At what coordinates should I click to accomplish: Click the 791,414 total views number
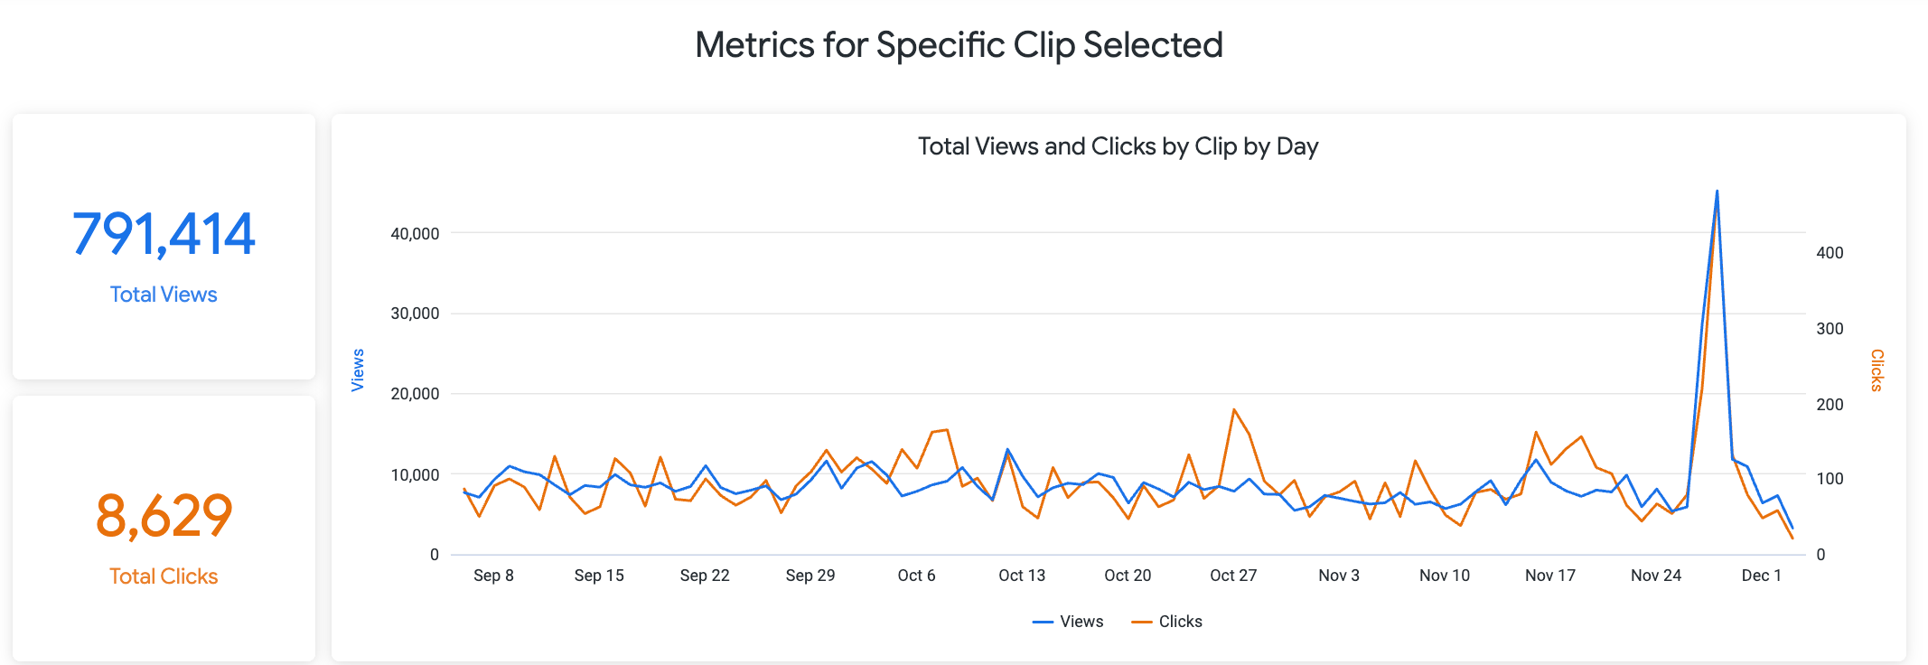coord(164,234)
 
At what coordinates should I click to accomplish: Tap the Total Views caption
coord(164,295)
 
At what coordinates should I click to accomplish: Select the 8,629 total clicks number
coord(164,516)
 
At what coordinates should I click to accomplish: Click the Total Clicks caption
coord(164,576)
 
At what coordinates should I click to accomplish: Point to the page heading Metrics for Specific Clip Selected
coord(959,45)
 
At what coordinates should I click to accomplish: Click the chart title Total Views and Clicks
coord(1118,146)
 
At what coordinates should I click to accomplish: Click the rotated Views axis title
coord(358,370)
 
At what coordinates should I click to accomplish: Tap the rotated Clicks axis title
coord(1877,370)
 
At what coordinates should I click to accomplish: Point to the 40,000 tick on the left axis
coord(415,233)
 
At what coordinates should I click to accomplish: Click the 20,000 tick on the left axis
coord(415,394)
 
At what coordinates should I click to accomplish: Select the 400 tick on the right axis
coord(1830,253)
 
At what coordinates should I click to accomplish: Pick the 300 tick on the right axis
coord(1830,329)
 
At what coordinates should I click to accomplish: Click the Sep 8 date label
coord(493,576)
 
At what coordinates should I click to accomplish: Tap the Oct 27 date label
coord(1233,576)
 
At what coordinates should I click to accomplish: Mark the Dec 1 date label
coord(1761,576)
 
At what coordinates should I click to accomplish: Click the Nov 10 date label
coord(1444,576)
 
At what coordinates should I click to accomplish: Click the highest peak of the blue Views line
coord(1717,192)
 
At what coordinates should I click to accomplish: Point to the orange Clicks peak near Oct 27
coord(1234,410)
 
